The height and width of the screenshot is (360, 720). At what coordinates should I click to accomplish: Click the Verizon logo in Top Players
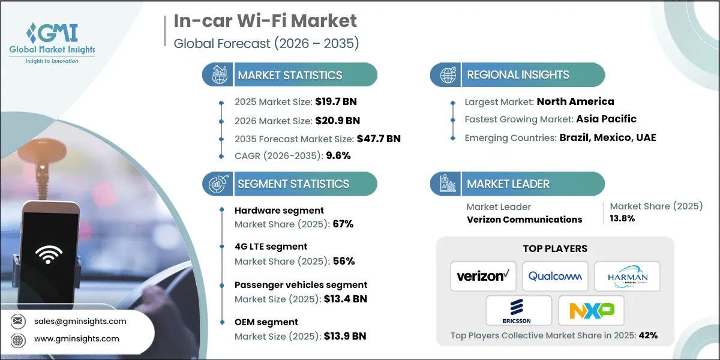click(483, 276)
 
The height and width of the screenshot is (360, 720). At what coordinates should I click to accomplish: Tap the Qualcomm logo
click(555, 276)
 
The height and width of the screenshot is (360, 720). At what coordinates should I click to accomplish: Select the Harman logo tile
click(627, 276)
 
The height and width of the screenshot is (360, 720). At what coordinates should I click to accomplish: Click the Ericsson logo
click(519, 310)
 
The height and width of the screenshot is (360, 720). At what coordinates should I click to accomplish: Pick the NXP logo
click(591, 310)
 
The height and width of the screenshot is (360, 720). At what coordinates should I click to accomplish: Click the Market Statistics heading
click(290, 76)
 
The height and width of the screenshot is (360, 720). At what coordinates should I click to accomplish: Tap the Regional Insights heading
click(518, 75)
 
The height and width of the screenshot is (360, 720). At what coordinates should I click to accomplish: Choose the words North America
click(575, 101)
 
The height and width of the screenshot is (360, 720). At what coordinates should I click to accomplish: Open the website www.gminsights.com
click(77, 338)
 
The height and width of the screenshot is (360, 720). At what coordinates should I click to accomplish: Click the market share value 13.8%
click(622, 218)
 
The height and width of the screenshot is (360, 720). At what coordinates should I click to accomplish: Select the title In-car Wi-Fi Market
click(265, 21)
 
